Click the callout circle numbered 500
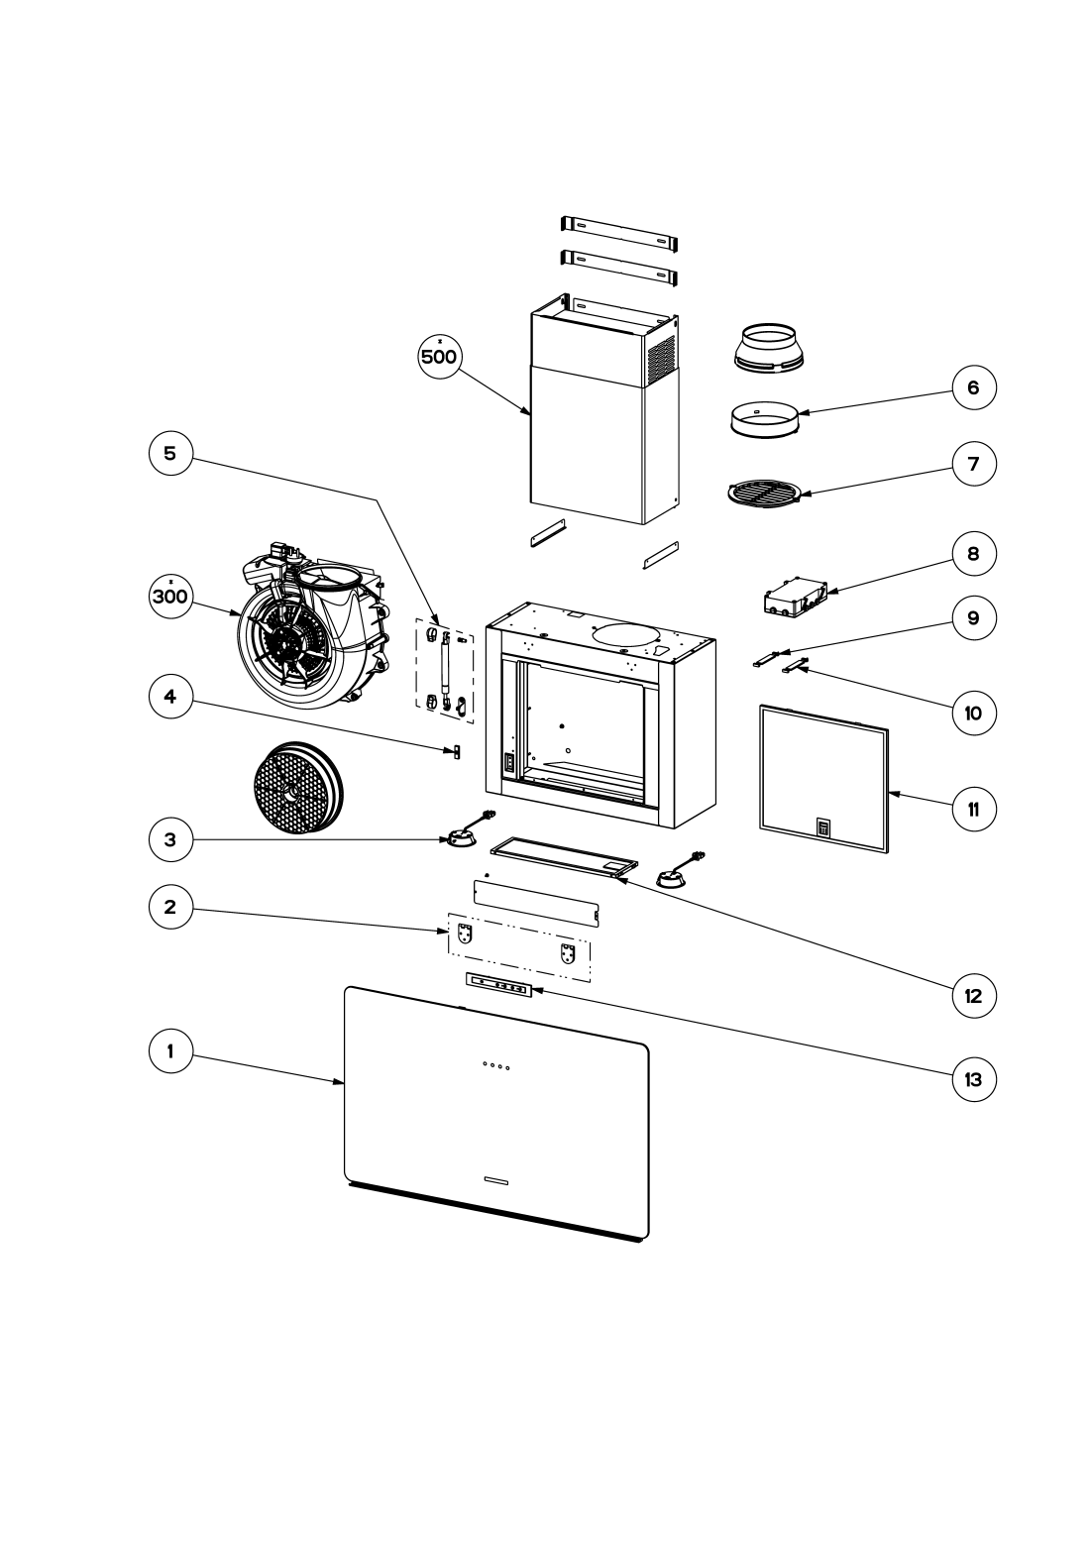pyautogui.click(x=439, y=357)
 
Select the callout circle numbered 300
pyautogui.click(x=170, y=596)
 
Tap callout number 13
pyautogui.click(x=974, y=1079)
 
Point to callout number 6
pyautogui.click(x=974, y=387)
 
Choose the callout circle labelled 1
pyautogui.click(x=170, y=1051)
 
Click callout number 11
pyautogui.click(x=974, y=809)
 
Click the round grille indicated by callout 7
pyautogui.click(x=764, y=493)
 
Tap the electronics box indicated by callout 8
pyautogui.click(x=795, y=596)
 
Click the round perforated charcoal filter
pyautogui.click(x=296, y=788)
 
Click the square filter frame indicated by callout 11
pyautogui.click(x=823, y=778)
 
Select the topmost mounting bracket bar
pyautogui.click(x=619, y=233)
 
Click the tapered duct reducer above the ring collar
pyautogui.click(x=767, y=348)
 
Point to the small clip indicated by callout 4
pyautogui.click(x=455, y=751)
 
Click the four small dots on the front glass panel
pyautogui.click(x=495, y=1065)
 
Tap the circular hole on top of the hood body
pyautogui.click(x=626, y=635)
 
